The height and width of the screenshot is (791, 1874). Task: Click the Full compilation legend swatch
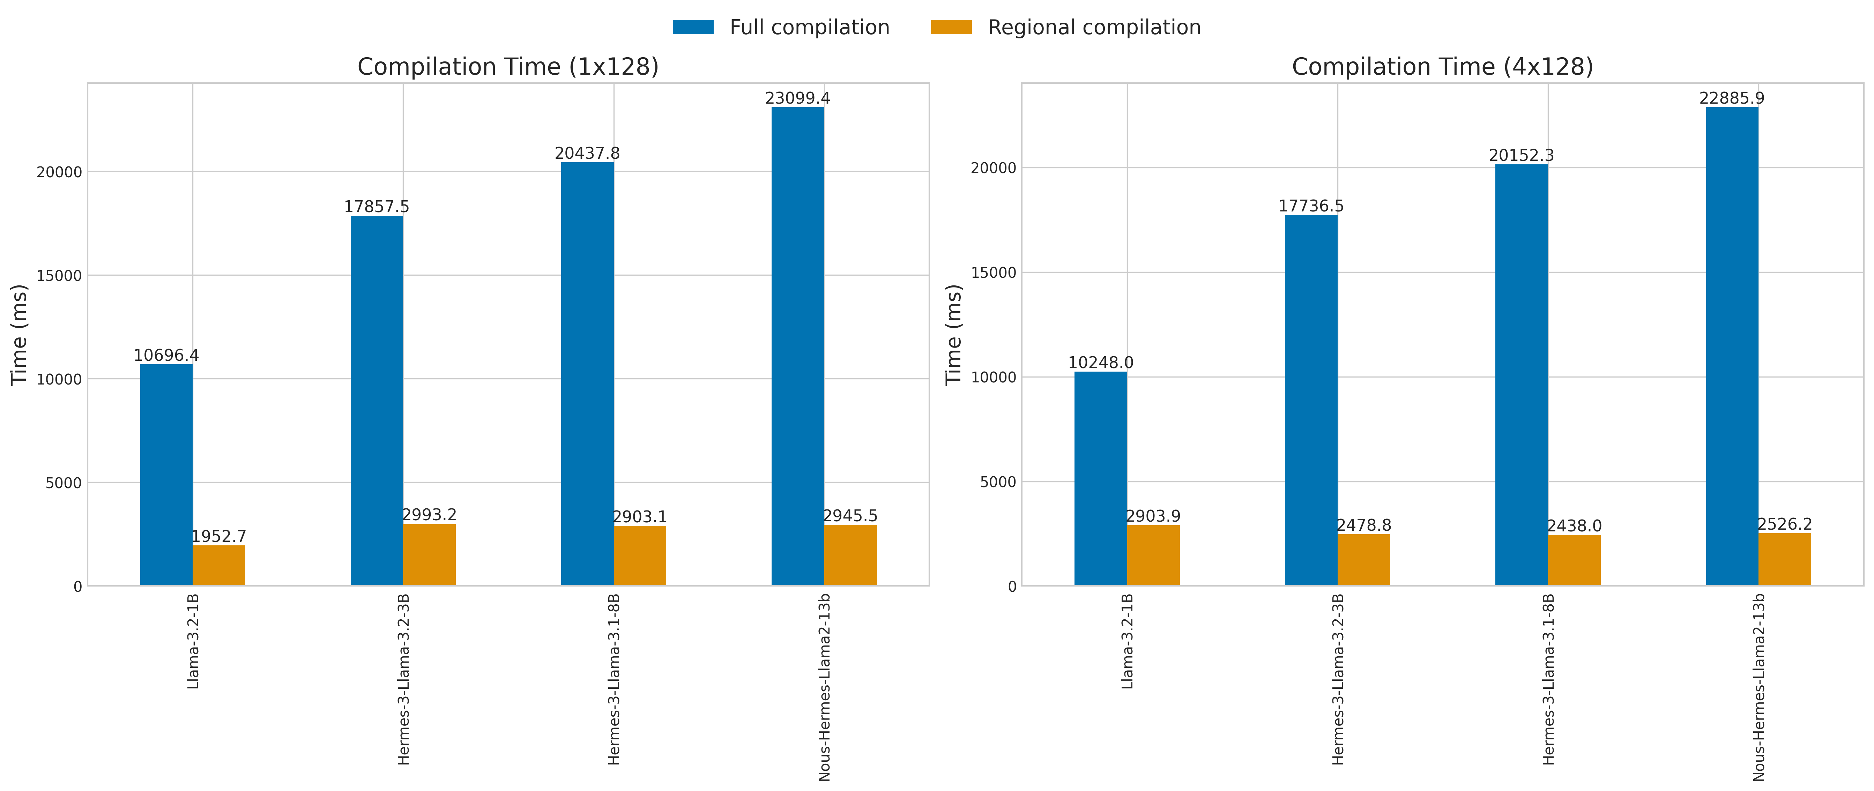(693, 28)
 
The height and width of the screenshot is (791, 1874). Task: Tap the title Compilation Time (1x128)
(508, 67)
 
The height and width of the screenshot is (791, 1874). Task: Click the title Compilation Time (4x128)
(1442, 67)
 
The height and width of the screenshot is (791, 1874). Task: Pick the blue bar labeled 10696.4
(166, 475)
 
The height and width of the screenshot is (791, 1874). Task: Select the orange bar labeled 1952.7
(219, 565)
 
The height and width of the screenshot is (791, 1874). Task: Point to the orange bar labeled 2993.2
(429, 554)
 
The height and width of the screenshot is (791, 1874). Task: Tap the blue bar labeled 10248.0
(1101, 478)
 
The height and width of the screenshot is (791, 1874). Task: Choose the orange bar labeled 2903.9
(1153, 555)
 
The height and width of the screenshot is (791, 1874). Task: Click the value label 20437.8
(587, 154)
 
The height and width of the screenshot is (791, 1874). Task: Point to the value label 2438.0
(1574, 526)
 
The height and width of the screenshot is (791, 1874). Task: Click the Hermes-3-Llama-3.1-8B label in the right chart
(1548, 679)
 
